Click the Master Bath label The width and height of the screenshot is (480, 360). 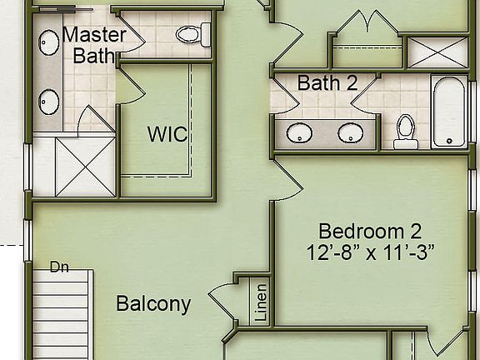(94, 46)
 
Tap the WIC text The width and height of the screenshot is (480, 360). (167, 134)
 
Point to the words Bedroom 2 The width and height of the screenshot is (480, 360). (371, 231)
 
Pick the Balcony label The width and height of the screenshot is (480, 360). (152, 304)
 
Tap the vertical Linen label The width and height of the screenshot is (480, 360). (260, 302)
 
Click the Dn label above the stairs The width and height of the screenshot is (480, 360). (58, 267)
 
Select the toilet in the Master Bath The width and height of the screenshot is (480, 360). (190, 35)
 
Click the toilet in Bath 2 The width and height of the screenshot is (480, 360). (406, 130)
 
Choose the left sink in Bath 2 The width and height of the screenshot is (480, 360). (297, 132)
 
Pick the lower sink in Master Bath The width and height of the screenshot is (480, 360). (48, 100)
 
